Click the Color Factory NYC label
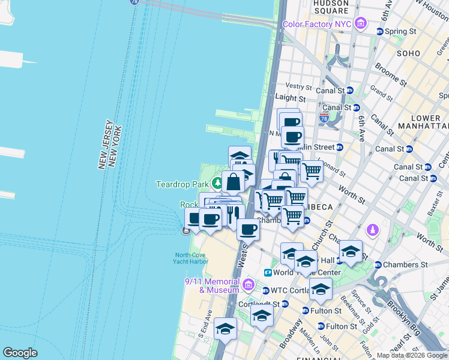click(317, 25)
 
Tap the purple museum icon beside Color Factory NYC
click(361, 24)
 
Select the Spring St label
click(400, 31)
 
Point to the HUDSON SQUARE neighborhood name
click(331, 7)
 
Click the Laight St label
click(290, 98)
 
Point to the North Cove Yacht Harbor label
click(191, 258)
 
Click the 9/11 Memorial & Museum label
click(211, 286)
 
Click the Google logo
click(20, 353)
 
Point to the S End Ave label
click(205, 323)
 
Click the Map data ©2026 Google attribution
click(412, 355)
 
